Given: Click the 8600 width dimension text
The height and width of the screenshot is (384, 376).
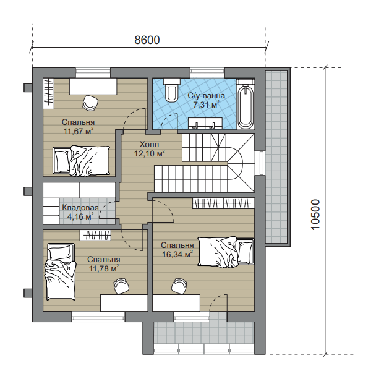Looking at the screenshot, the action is [x=147, y=40].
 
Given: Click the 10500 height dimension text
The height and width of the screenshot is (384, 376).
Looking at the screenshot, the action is [x=316, y=215].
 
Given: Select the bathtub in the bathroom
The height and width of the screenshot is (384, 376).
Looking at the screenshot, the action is [x=246, y=104].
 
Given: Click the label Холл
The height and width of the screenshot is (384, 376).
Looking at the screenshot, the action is [x=149, y=144].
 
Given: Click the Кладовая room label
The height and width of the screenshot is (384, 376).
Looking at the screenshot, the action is [x=80, y=208].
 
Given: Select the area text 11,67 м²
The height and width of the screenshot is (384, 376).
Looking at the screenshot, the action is [x=79, y=131].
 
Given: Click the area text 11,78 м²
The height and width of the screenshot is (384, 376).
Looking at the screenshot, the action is [x=104, y=268].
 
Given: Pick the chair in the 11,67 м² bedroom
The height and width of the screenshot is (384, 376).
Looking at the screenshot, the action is [x=90, y=102].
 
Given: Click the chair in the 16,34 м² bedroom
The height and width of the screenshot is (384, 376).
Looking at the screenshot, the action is [x=179, y=285].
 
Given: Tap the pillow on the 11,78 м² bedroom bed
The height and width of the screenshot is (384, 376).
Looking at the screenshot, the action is [x=61, y=251].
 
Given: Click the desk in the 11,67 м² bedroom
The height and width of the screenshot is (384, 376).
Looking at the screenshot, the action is [x=93, y=87].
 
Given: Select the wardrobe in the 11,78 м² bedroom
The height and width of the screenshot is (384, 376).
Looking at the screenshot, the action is [x=95, y=236].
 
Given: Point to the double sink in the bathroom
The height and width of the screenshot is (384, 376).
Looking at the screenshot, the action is [x=205, y=123].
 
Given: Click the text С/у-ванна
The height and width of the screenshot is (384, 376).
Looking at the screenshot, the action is [x=207, y=95].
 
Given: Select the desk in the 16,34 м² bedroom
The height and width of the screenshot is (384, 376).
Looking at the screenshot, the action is [x=176, y=303].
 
